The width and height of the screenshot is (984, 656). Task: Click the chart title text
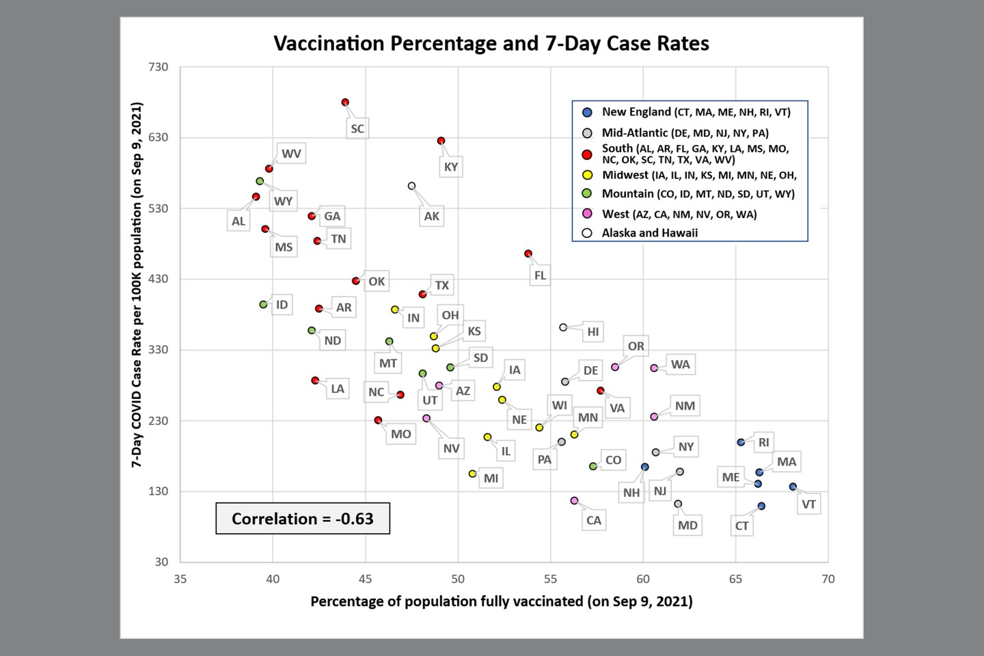click(x=491, y=44)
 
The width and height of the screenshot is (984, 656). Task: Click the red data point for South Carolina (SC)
click(x=346, y=102)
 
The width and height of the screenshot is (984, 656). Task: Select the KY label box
click(x=451, y=167)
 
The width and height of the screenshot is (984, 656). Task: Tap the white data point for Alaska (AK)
click(x=411, y=186)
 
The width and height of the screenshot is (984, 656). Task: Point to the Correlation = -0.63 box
click(x=303, y=519)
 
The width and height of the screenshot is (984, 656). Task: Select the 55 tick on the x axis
click(x=551, y=579)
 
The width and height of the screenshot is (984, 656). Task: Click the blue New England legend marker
click(x=587, y=113)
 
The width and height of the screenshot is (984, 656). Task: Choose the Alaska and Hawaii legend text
click(x=649, y=233)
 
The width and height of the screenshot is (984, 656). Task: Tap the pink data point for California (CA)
click(x=574, y=501)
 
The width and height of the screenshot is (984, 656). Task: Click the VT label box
click(x=808, y=504)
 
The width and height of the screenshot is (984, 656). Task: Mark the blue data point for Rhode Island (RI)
click(x=741, y=442)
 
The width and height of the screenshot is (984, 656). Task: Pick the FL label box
click(x=540, y=275)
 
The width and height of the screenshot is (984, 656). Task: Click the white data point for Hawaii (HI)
click(x=563, y=327)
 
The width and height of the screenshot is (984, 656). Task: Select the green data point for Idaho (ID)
click(x=263, y=305)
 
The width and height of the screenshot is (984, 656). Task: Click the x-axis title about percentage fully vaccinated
click(x=501, y=601)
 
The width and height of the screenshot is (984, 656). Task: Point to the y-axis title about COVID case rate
click(x=137, y=284)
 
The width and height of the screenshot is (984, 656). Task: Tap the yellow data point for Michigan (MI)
click(x=472, y=474)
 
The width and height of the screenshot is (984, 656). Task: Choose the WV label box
click(x=291, y=154)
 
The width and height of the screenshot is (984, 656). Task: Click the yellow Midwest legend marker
click(x=587, y=176)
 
